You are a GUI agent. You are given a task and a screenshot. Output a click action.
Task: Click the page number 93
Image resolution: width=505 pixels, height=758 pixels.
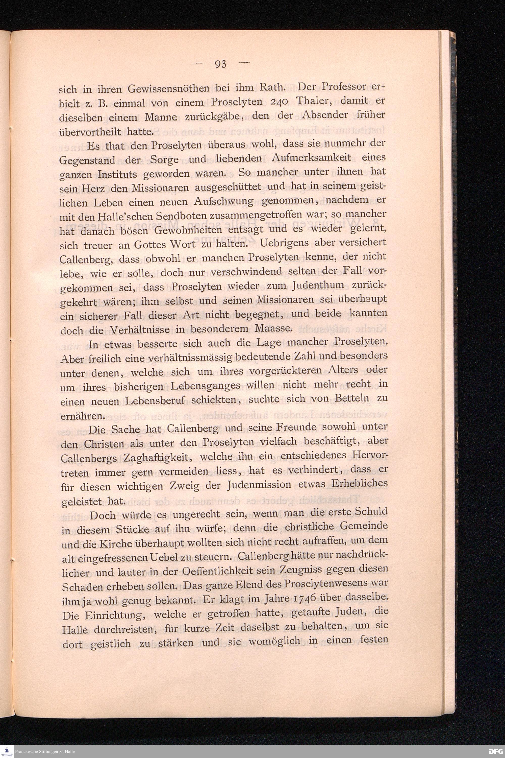pyautogui.click(x=221, y=64)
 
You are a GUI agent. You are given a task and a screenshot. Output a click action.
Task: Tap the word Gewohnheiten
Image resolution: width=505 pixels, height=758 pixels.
pyautogui.click(x=186, y=230)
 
